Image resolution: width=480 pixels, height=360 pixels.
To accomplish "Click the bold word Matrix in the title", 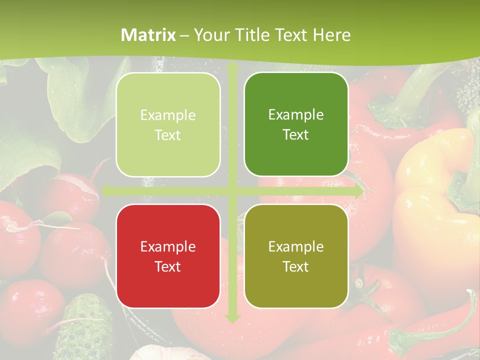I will tap(148, 35).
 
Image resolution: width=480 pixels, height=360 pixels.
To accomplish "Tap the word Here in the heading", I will tap(332, 35).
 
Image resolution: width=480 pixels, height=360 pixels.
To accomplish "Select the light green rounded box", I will tap(168, 124).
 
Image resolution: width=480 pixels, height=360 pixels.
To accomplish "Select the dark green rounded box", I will tap(296, 124).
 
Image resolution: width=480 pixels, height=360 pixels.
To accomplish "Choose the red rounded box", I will tap(168, 256).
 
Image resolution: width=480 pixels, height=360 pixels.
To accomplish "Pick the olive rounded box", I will tap(296, 256).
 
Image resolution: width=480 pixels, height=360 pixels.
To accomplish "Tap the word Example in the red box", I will tap(168, 246).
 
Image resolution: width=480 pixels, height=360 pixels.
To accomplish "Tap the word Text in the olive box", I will tap(296, 266).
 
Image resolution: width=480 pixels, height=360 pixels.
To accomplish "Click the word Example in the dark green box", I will tap(296, 114).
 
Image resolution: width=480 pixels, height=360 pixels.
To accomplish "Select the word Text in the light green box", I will tap(168, 135).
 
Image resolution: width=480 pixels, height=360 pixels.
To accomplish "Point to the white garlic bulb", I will tap(170, 354).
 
